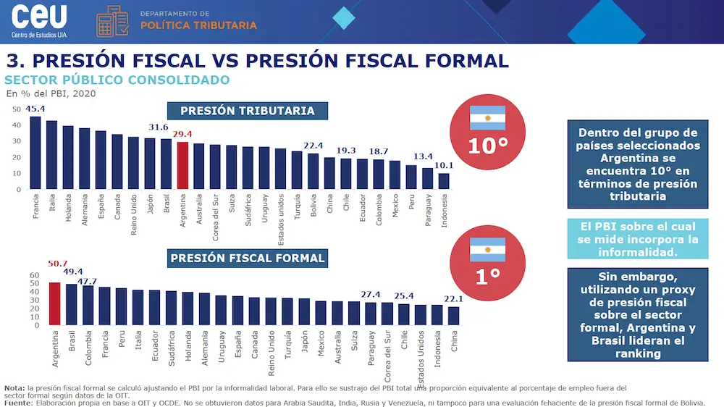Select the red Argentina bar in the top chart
pyautogui.click(x=183, y=166)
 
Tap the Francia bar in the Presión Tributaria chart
pyautogui.click(x=35, y=153)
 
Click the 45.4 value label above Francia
pyautogui.click(x=36, y=109)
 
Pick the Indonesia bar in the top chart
pyautogui.click(x=444, y=182)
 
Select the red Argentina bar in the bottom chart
pyautogui.click(x=54, y=303)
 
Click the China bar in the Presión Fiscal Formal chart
pyautogui.click(x=454, y=316)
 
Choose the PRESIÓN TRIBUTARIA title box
pyautogui.click(x=248, y=111)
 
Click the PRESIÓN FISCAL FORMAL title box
pyautogui.click(x=248, y=258)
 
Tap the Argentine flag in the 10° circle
pyautogui.click(x=487, y=117)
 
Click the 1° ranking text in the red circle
pyautogui.click(x=487, y=277)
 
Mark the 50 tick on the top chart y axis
pyautogui.click(x=16, y=109)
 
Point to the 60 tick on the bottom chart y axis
pyautogui.click(x=15, y=276)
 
